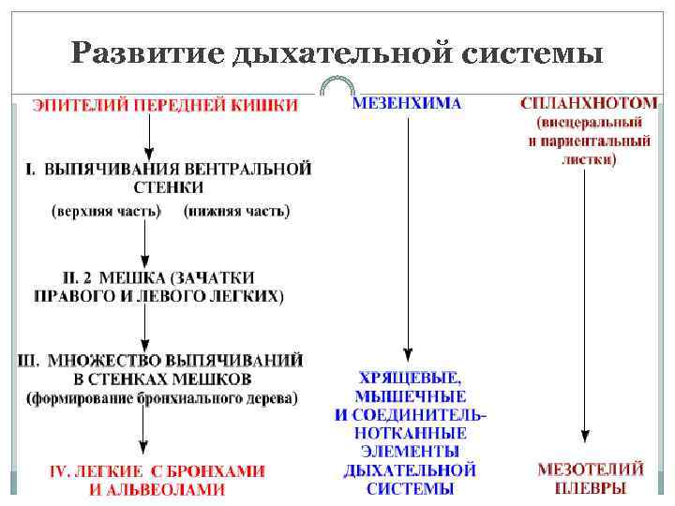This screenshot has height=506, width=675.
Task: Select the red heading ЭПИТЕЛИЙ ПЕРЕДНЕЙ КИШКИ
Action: pos(165,105)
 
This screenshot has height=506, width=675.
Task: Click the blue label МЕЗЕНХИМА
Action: pos(407,103)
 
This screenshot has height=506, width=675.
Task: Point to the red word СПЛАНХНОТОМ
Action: pos(589,102)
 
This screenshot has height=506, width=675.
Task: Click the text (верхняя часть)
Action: pos(105,211)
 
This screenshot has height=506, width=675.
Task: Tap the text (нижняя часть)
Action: pos(236,211)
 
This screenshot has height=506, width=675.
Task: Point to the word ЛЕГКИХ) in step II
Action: pos(252,295)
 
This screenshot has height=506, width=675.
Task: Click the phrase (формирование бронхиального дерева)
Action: pos(162,398)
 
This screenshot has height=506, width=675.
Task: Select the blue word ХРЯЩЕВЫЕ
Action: pos(410,378)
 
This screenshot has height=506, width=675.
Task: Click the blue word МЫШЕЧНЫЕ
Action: pos(410,395)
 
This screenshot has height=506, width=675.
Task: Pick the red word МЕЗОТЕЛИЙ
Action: pos(590,469)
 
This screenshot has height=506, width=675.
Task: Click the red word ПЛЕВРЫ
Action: pos(590,488)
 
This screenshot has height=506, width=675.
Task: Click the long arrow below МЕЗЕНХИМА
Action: pos(407,234)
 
